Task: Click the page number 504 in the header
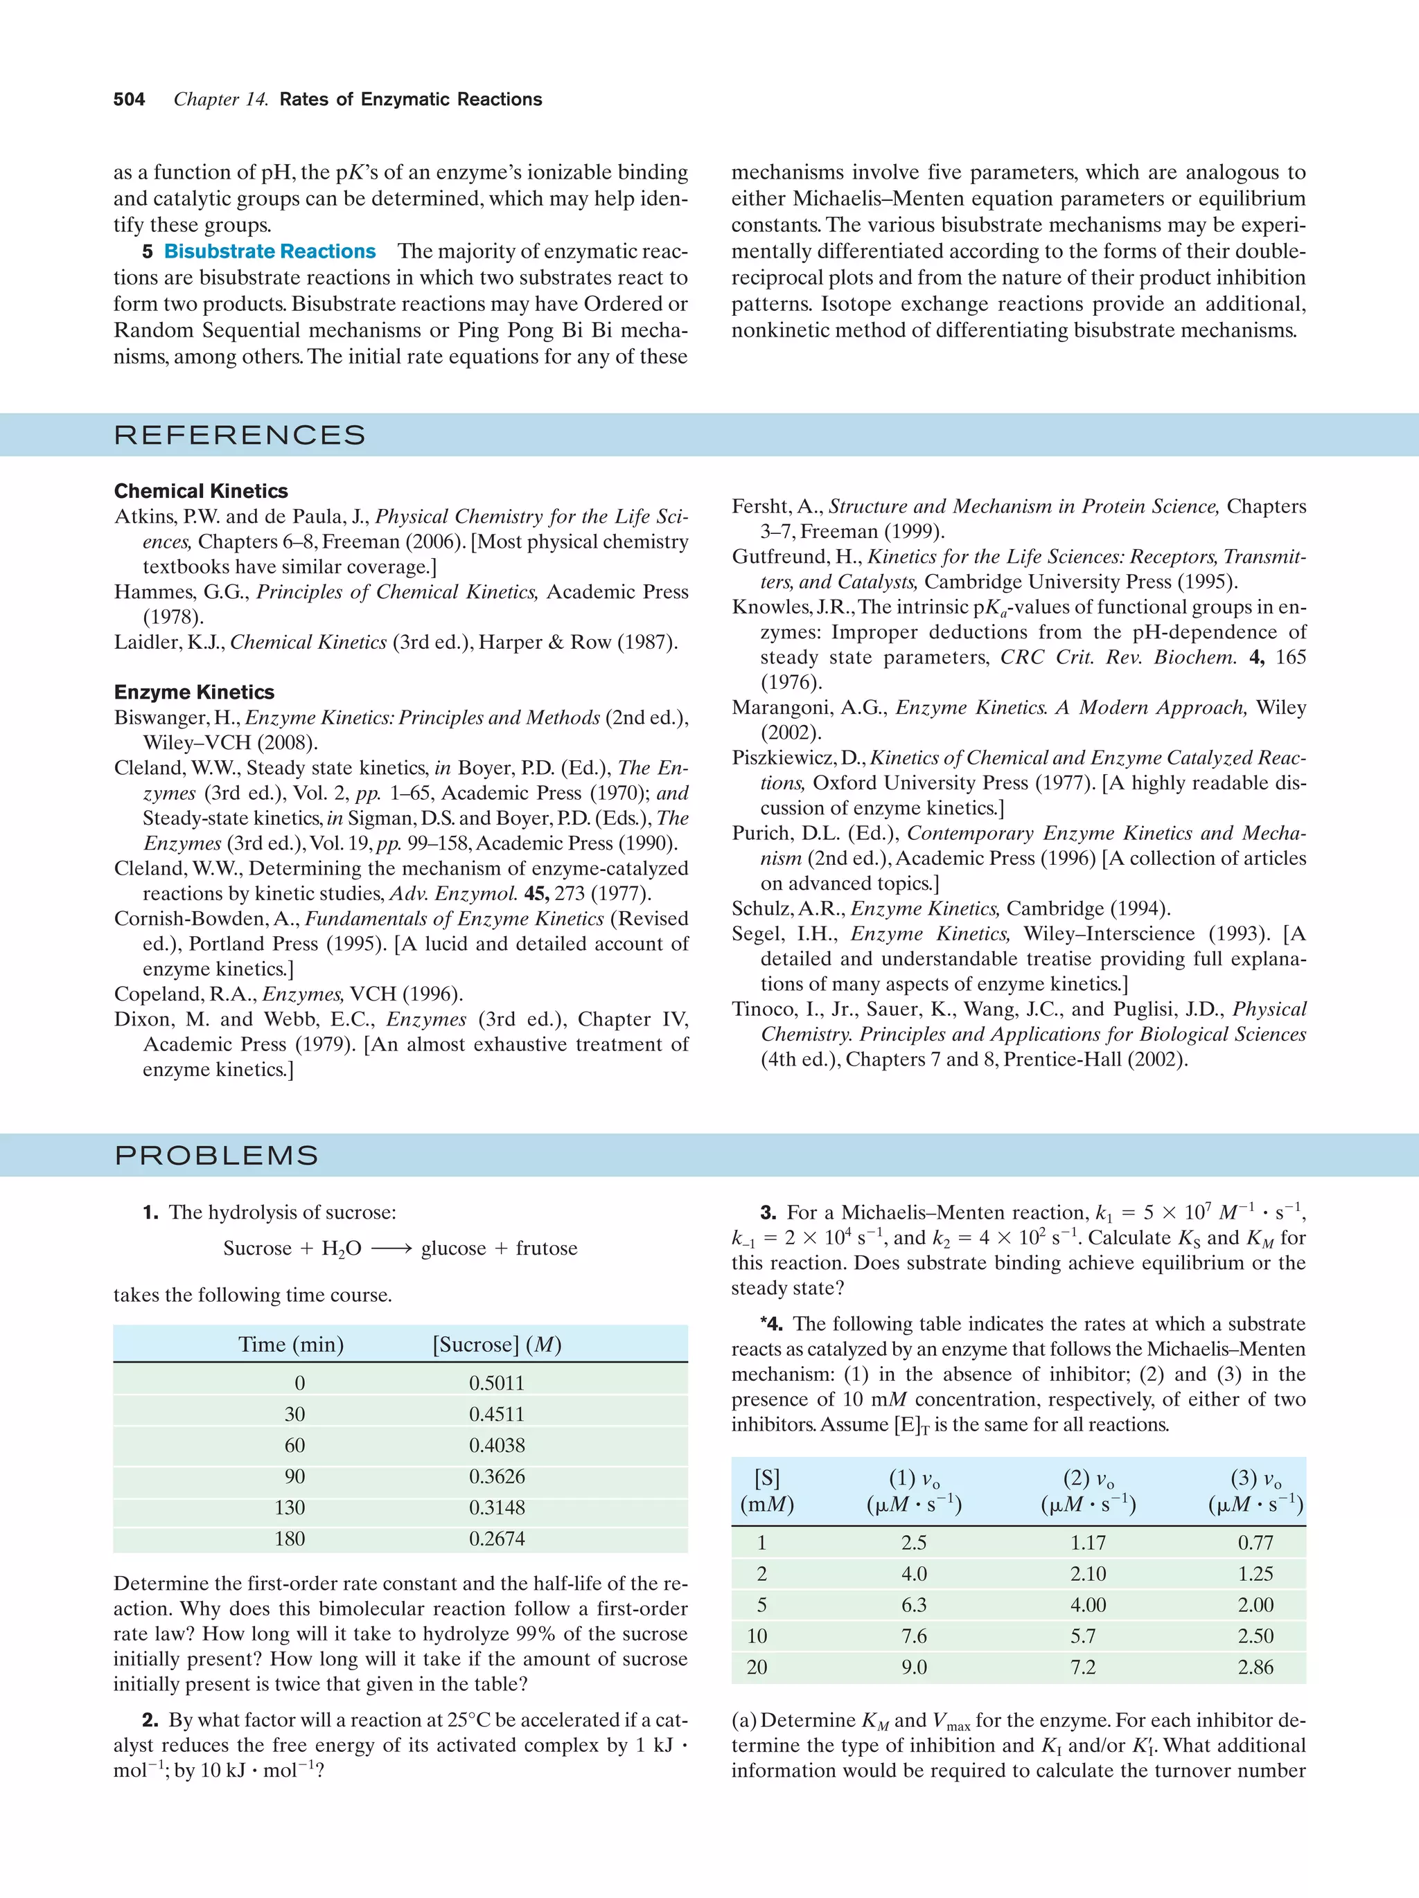pyautogui.click(x=129, y=100)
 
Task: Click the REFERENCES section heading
pyautogui.click(x=240, y=435)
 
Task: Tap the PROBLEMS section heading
pyautogui.click(x=216, y=1155)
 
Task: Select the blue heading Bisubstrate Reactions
pyautogui.click(x=270, y=251)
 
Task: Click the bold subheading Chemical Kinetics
pyautogui.click(x=201, y=491)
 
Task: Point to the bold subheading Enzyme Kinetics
pyautogui.click(x=194, y=692)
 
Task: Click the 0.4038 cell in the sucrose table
pyautogui.click(x=496, y=1445)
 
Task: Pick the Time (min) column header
pyautogui.click(x=291, y=1345)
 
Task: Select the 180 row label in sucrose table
pyautogui.click(x=290, y=1539)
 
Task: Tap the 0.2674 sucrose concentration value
pyautogui.click(x=496, y=1539)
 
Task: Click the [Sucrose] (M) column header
pyautogui.click(x=497, y=1345)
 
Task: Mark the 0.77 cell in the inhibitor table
pyautogui.click(x=1255, y=1542)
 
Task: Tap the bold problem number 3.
pyautogui.click(x=768, y=1212)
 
